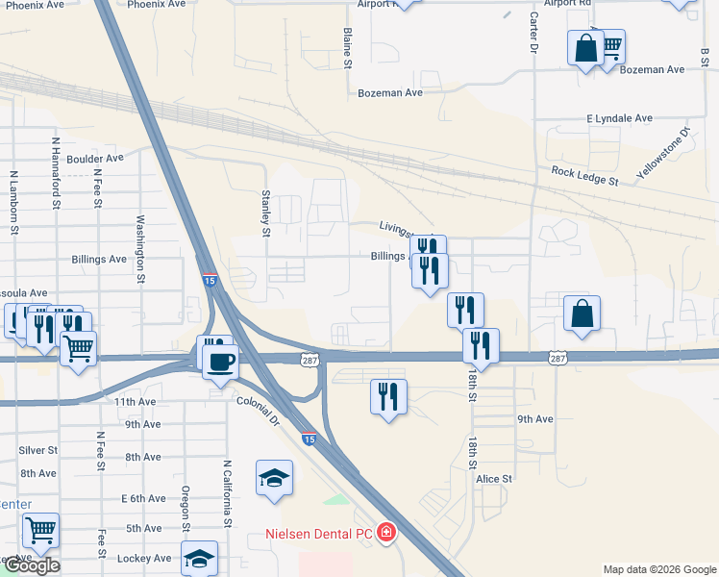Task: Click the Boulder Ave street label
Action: coord(95,159)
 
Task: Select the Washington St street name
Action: coord(140,248)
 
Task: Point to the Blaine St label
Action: coord(349,47)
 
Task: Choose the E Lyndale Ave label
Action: coord(619,118)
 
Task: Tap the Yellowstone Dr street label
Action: coord(664,154)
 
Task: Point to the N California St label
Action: coord(229,493)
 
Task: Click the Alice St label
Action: coord(494,478)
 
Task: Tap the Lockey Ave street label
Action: coord(143,558)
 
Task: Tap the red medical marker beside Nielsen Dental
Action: coord(386,532)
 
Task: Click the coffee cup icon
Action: coord(221,361)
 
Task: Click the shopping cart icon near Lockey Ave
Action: coord(40,529)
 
